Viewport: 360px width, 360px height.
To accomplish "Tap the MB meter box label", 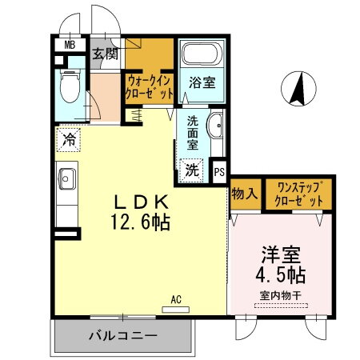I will pyautogui.click(x=70, y=46).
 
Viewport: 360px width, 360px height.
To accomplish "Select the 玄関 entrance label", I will pyautogui.click(x=105, y=54).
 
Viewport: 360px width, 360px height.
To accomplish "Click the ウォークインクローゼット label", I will pyautogui.click(x=149, y=86).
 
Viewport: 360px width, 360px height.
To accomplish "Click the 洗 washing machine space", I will pyautogui.click(x=193, y=170).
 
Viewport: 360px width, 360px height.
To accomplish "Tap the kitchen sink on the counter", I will pyautogui.click(x=66, y=181).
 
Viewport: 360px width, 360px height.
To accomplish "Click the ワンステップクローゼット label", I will pyautogui.click(x=299, y=194).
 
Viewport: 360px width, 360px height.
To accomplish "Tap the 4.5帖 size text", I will pyautogui.click(x=280, y=275).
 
